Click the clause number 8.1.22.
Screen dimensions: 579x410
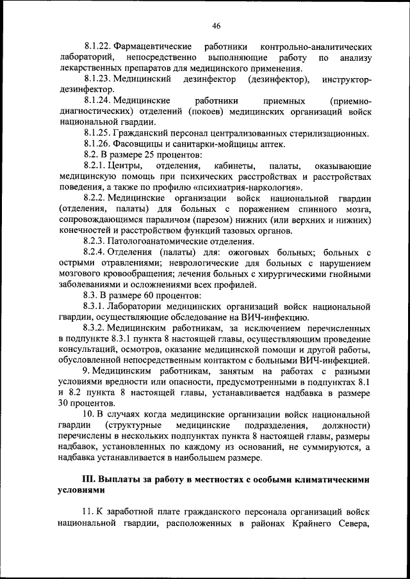point(97,48)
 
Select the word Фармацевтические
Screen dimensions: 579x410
point(152,48)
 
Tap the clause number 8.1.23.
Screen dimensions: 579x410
point(97,79)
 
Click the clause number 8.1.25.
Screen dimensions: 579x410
point(97,132)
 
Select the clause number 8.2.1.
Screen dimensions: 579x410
point(95,165)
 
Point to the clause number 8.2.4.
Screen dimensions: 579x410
point(95,252)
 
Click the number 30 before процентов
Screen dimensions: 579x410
point(63,403)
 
